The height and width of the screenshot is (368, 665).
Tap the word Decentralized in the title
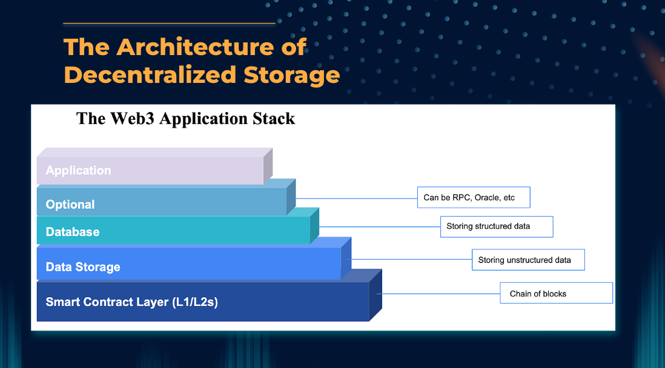150,75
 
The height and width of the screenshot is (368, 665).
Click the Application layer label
79,171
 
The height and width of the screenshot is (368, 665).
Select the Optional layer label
70,205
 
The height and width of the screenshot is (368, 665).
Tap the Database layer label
73,232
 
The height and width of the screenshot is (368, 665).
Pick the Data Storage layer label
83,267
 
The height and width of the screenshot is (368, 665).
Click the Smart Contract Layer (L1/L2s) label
131,301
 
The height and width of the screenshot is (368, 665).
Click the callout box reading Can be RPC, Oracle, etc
474,197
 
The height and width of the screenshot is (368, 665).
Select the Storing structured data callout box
496,226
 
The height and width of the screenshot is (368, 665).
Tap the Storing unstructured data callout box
528,260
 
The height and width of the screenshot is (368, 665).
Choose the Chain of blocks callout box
556,294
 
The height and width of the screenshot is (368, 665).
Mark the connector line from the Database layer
379,227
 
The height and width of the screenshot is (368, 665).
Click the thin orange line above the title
169,24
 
